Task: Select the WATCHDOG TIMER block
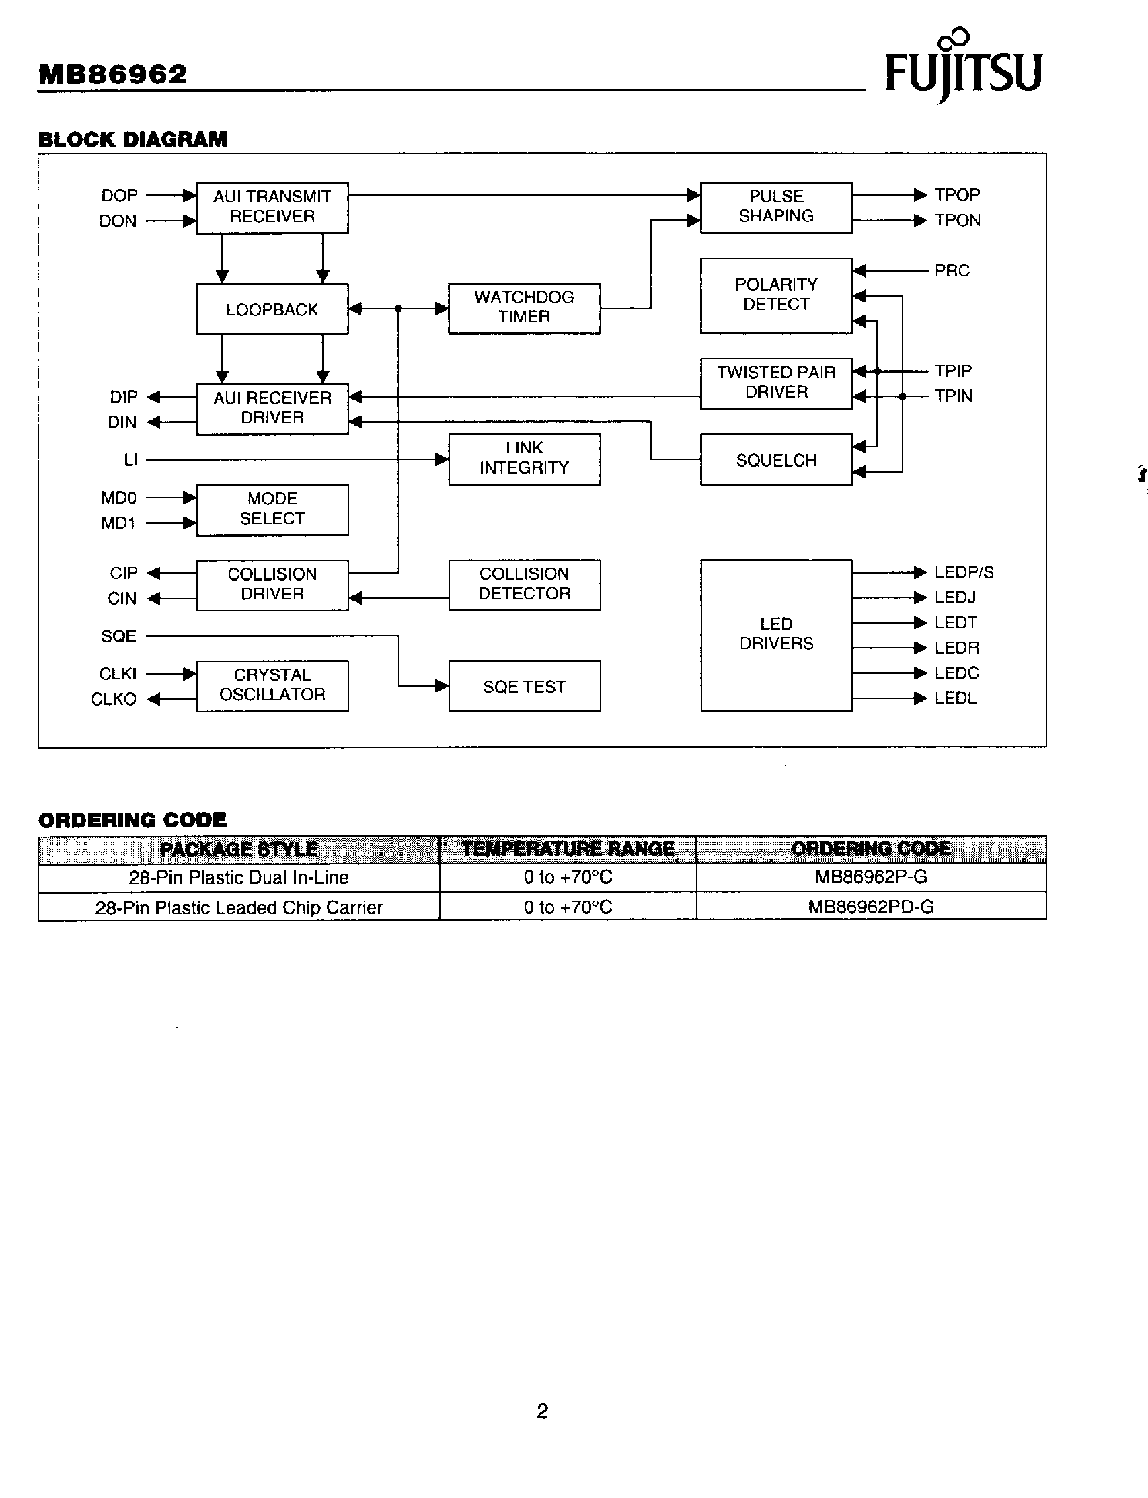(x=524, y=308)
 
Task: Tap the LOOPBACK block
(x=272, y=309)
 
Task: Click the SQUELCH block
(x=775, y=460)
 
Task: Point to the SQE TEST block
(x=524, y=686)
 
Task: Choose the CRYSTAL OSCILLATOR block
(x=272, y=685)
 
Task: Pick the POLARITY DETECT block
(x=775, y=295)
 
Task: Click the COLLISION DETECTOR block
(x=524, y=585)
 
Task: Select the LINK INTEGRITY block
(x=524, y=459)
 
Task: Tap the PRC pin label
(x=952, y=270)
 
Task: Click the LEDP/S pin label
(x=964, y=572)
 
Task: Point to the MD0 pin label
(x=119, y=498)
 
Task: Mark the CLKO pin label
(x=114, y=699)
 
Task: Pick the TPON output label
(x=958, y=220)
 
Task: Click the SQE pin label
(x=119, y=636)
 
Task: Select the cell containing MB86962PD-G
(x=870, y=907)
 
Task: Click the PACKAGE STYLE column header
(x=239, y=850)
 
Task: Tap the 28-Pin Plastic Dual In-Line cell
(x=239, y=878)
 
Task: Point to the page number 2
(x=543, y=1411)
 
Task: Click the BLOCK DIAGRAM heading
(x=132, y=139)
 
